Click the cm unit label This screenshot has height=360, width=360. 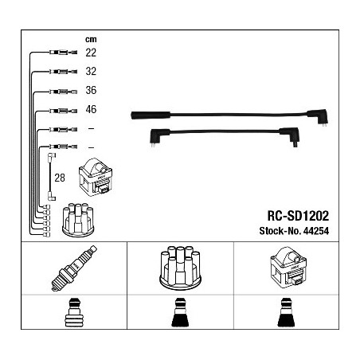pos(91,40)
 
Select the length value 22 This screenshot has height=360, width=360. pos(91,53)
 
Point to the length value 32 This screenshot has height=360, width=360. pos(91,71)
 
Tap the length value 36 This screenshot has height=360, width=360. pos(91,90)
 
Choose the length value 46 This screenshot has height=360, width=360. pos(91,109)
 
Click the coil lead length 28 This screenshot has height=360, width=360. pos(60,178)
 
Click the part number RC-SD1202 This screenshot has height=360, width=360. pos(298,216)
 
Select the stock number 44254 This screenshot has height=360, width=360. pos(316,231)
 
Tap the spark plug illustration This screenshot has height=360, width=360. pos(74,268)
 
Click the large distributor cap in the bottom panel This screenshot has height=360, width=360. pos(180,268)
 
